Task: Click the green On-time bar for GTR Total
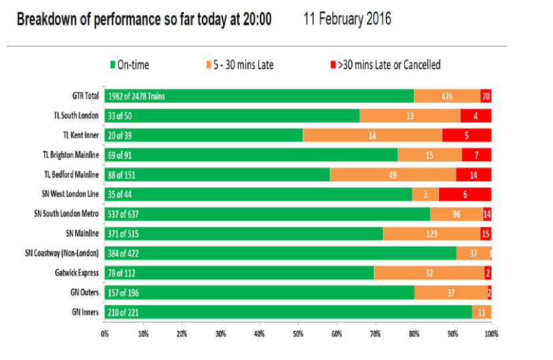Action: [259, 96]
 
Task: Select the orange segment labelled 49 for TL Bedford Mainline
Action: [393, 175]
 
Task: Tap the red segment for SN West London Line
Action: [465, 194]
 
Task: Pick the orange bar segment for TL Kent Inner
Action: [372, 135]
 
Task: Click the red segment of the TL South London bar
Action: [476, 116]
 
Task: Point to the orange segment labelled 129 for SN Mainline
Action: [432, 233]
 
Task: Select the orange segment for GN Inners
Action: [482, 313]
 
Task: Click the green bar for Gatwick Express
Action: [239, 273]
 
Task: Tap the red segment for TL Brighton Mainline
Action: [476, 155]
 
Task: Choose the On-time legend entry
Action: [130, 65]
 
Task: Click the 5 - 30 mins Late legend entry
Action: [240, 65]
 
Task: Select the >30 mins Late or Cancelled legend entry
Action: [386, 65]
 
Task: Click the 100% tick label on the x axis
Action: [491, 334]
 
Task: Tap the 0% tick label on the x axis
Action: [105, 334]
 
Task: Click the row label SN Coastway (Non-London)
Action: [62, 253]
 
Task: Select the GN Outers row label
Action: [85, 292]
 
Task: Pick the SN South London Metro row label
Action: [67, 213]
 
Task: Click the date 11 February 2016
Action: [347, 19]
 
